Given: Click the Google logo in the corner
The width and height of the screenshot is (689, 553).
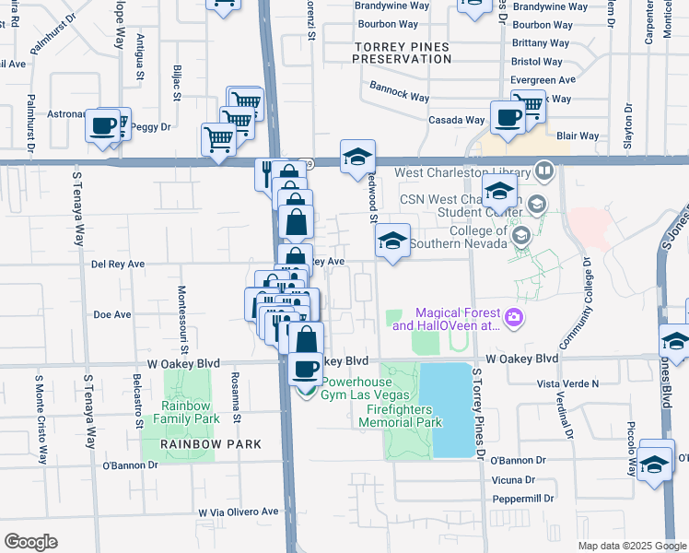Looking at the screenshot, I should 30,542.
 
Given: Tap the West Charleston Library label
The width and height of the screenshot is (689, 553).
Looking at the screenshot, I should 462,172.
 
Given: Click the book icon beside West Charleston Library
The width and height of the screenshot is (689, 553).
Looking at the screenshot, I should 544,171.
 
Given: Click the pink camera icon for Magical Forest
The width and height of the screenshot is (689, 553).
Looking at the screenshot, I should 514,318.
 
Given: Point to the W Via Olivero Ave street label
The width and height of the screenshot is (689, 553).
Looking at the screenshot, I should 238,512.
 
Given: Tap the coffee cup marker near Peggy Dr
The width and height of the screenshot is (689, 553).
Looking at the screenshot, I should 103,126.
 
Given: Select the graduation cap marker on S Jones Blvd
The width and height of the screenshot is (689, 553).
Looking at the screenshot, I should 675,341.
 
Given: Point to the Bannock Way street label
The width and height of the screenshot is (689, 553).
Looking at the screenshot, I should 400,96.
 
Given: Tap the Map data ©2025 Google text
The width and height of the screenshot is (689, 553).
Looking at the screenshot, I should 631,545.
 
